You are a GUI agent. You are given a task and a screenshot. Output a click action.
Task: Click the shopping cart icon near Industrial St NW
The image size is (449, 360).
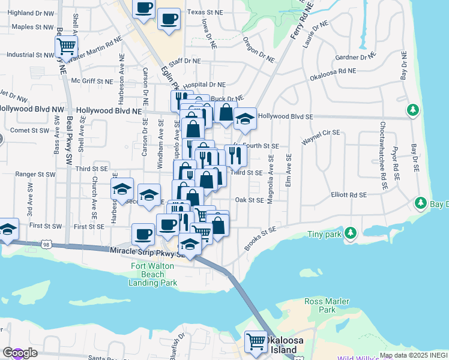(x=66, y=46)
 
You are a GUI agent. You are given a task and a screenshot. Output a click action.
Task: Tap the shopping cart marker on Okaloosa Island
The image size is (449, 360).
(x=256, y=341)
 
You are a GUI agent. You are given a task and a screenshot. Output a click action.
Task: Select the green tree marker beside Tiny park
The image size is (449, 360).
(x=351, y=232)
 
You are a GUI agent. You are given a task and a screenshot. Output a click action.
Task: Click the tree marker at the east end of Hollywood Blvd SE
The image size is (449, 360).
(x=412, y=110)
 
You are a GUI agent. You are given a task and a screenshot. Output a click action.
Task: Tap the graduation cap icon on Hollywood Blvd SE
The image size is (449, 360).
(x=244, y=118)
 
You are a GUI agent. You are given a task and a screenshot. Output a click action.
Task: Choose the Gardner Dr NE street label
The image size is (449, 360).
(x=356, y=58)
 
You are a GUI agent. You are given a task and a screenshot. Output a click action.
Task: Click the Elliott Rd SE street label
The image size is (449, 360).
(x=349, y=195)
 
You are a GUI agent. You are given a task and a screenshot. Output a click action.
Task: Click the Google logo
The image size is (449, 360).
(x=20, y=353)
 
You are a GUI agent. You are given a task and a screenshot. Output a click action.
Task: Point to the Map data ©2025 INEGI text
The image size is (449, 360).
(x=414, y=355)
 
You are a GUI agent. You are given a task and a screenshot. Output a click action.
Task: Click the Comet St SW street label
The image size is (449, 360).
(x=27, y=130)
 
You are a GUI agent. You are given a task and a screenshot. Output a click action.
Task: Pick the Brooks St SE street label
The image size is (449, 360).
(x=260, y=238)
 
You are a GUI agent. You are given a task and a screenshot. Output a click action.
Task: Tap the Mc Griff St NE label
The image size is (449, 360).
(x=92, y=80)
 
